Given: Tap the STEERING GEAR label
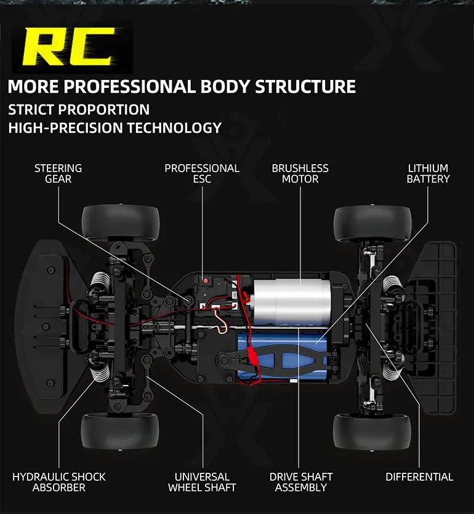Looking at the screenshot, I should pos(58,173).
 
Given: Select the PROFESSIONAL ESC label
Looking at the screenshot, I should pos(202,173).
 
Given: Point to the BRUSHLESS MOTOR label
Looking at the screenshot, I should pos(300,173).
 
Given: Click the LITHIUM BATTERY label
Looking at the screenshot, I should pos(428,173).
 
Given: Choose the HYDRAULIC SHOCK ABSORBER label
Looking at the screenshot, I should pos(59,482).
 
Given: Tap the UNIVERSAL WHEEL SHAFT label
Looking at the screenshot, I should pos(202,482).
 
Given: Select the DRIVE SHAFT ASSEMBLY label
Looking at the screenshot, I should pos(301,482).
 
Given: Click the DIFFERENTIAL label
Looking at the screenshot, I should pos(419,476).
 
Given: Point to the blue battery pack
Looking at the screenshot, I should pos(289,357).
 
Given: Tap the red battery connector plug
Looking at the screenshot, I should pos(252,355).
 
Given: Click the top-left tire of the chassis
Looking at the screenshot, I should pos(120,223).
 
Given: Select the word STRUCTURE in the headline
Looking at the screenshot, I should pos(305,86).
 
